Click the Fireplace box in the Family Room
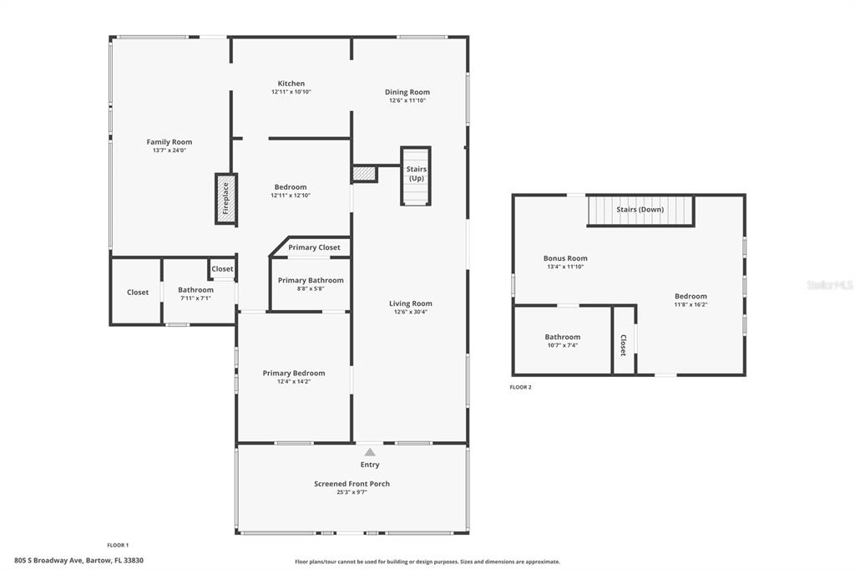tap(225, 199)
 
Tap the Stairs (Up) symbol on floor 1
tap(416, 176)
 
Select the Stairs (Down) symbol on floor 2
tap(640, 211)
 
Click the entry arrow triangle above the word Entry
tap(370, 452)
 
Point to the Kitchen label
tap(291, 84)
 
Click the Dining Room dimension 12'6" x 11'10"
tap(407, 100)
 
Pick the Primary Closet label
tap(314, 247)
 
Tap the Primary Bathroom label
tap(311, 280)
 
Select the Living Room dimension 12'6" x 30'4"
tap(411, 312)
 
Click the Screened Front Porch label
tap(352, 484)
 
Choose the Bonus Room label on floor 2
tap(565, 258)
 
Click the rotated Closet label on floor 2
tap(623, 345)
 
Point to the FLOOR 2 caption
tap(520, 387)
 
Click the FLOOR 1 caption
tap(118, 545)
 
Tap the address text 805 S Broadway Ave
tap(48, 560)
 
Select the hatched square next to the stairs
tap(364, 174)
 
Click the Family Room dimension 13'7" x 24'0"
tap(169, 150)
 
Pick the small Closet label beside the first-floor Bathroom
tap(222, 268)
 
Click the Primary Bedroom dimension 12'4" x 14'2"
tap(294, 382)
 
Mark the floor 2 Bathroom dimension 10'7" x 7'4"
tap(563, 345)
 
